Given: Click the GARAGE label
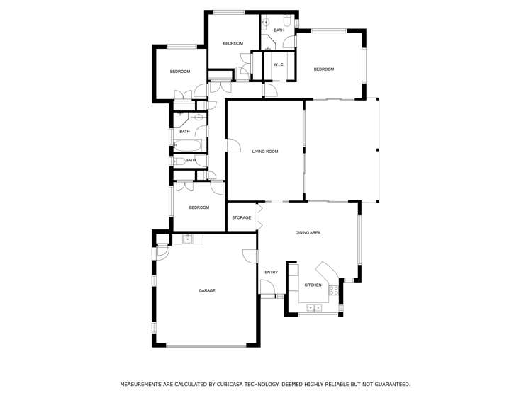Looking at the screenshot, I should coord(207,290).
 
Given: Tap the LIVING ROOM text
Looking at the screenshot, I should coord(265,151).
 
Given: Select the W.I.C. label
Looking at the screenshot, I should coord(279,65).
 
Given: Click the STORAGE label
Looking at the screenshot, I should coord(242,217).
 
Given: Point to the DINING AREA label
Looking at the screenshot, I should coord(308,232).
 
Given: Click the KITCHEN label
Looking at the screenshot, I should coord(313,285).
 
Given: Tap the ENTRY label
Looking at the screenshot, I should coord(271,272).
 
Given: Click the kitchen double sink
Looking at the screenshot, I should coord(315,307).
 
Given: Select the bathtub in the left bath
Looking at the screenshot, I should coord(189,147).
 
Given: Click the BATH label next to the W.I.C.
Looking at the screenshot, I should coord(279,30).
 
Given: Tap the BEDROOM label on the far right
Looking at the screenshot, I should coord(324,69).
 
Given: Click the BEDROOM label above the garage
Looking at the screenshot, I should coord(199,207).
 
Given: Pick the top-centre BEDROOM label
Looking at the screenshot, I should coord(233,44).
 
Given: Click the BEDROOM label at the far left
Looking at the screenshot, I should coord(179,72).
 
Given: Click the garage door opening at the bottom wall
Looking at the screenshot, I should coord(206,345).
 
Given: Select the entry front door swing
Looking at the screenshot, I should coord(267,287).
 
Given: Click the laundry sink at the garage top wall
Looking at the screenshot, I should coord(187,239).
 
